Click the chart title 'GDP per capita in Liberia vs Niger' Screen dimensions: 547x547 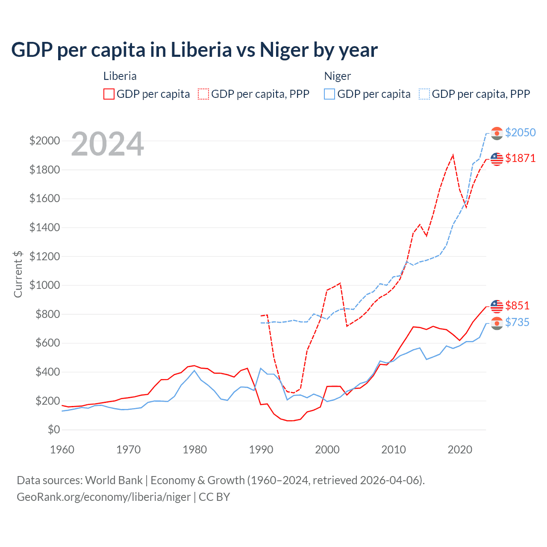coord(194,50)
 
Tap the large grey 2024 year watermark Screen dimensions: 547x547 coord(107,144)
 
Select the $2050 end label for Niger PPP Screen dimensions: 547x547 coord(520,132)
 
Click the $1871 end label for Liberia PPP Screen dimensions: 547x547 coord(520,158)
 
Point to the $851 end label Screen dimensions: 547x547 coord(517,306)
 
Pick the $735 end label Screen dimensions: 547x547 coord(517,322)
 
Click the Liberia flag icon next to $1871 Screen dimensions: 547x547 coord(497,159)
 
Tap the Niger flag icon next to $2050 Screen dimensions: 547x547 coord(497,133)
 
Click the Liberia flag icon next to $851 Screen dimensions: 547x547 coord(497,306)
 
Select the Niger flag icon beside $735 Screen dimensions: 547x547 coord(497,323)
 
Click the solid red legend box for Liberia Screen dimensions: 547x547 coord(109,94)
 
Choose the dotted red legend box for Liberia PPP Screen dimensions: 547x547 coord(203,94)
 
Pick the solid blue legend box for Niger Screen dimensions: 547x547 coord(329,94)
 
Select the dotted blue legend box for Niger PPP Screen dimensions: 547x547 coord(424,94)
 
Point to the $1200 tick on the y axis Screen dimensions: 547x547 coord(44,256)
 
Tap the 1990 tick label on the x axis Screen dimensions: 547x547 coord(261,450)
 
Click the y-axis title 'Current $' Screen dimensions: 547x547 coord(18,274)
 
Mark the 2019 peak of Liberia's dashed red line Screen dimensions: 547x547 coord(453,155)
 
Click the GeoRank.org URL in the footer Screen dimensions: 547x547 coord(104,497)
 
